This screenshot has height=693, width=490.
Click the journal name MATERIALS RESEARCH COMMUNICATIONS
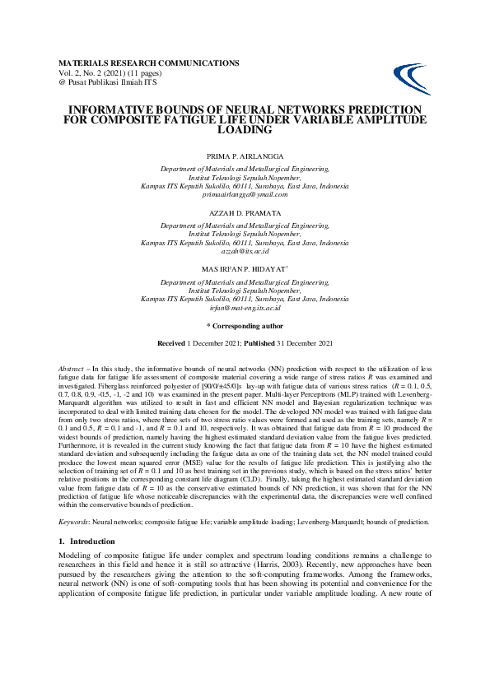coord(149,63)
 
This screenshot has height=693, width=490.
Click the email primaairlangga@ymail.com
coord(245,194)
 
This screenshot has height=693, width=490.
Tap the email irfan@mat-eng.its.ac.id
coord(245,308)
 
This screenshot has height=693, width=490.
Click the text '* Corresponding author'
coord(245,325)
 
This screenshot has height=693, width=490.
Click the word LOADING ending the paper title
coord(245,129)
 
